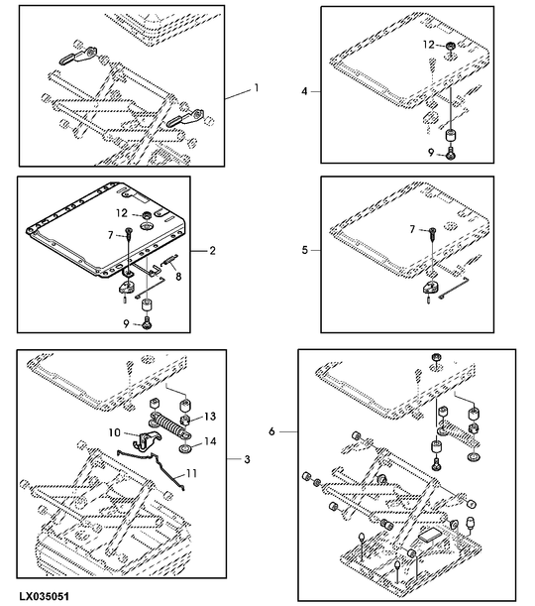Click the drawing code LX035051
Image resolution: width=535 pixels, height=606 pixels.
point(45,596)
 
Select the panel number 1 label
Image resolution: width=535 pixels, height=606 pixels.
point(256,88)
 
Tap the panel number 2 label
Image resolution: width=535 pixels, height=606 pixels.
point(212,251)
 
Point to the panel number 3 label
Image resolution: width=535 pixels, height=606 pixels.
point(247,459)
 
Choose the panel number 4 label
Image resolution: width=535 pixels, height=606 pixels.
point(304,91)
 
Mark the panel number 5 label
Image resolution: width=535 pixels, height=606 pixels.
point(304,251)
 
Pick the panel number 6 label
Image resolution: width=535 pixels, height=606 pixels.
point(271,431)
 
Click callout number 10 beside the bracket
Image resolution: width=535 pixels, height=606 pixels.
point(115,432)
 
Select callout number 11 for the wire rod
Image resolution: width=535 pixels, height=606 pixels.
point(191,473)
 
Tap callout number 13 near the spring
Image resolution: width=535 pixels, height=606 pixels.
point(210,417)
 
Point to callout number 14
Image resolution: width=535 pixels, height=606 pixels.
point(210,441)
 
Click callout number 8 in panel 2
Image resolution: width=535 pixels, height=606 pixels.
point(178,277)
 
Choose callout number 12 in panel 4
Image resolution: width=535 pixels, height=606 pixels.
point(428,45)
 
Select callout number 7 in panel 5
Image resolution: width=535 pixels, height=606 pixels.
point(412,229)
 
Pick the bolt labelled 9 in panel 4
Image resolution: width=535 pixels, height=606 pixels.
point(451,153)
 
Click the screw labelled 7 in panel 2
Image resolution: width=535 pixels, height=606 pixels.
point(129,233)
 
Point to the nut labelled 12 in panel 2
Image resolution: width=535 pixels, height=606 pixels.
point(148,214)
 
